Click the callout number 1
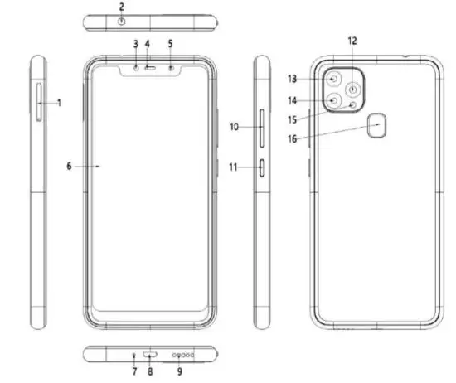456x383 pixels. [x=61, y=103]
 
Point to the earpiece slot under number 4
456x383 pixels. [x=149, y=68]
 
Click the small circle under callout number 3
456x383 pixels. [x=134, y=68]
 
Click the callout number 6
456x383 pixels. [x=70, y=166]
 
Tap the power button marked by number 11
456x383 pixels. [x=264, y=168]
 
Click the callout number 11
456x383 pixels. [x=234, y=168]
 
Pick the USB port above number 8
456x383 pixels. [x=150, y=355]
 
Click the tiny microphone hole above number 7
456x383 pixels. [x=134, y=355]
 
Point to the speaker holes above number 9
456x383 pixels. [x=183, y=355]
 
